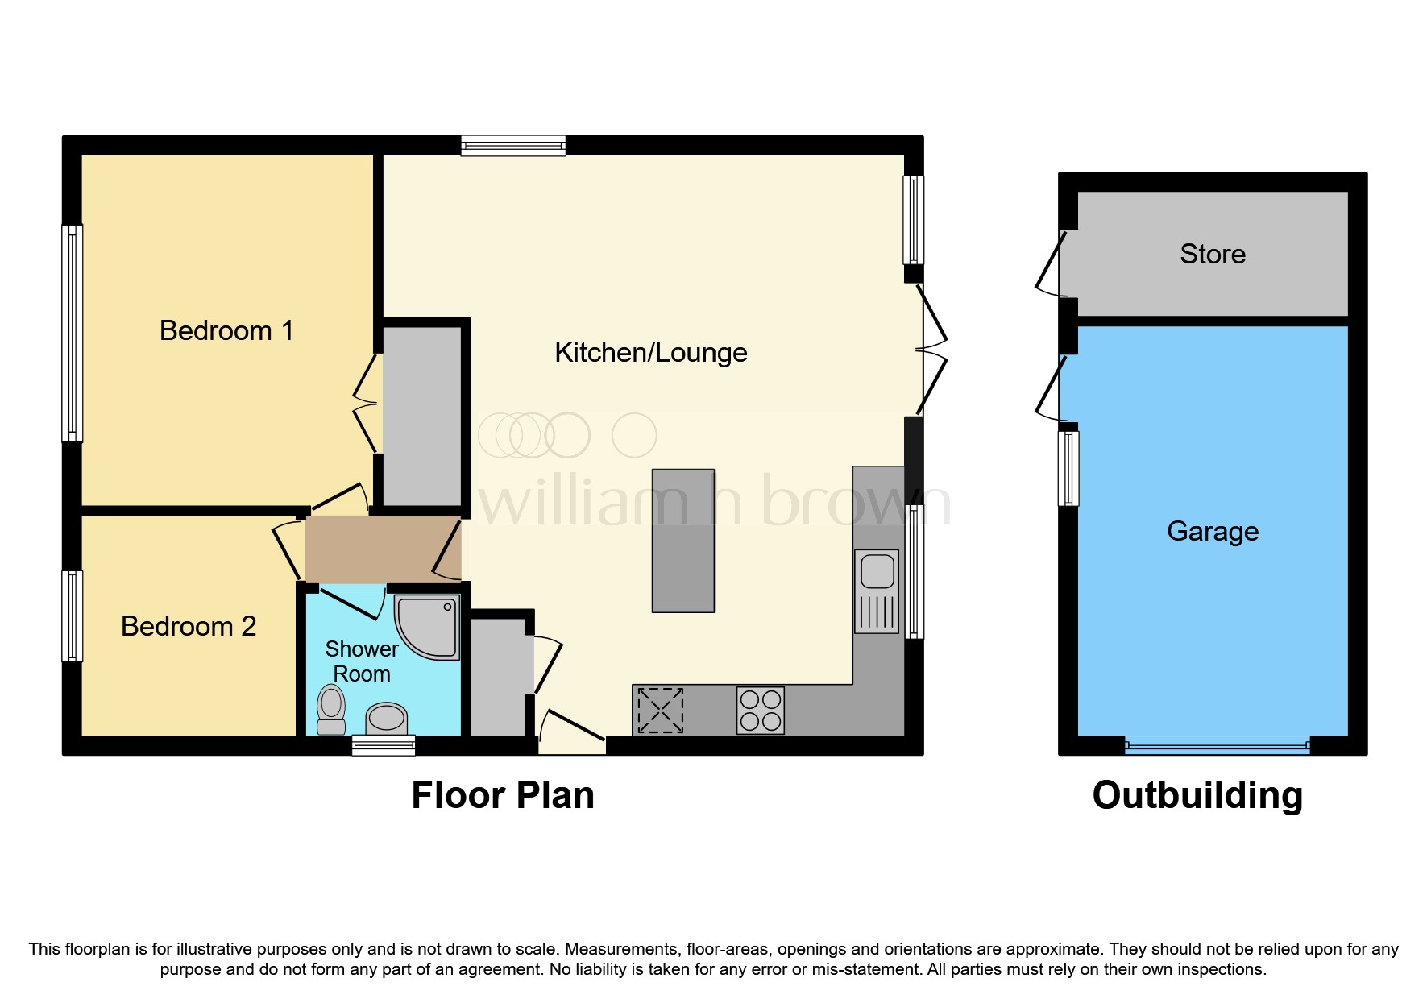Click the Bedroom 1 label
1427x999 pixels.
[x=226, y=330]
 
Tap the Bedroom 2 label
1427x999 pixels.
[x=189, y=626]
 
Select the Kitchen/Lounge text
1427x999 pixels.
[x=651, y=352]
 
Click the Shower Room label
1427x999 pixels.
[x=362, y=661]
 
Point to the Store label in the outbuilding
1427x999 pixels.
[x=1213, y=254]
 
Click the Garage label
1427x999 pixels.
[x=1213, y=531]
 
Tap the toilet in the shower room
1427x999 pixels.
[x=331, y=709]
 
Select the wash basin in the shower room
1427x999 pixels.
[x=387, y=716]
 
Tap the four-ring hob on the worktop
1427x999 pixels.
[x=760, y=710]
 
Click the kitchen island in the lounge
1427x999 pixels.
[x=683, y=541]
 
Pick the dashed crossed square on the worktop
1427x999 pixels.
[x=660, y=710]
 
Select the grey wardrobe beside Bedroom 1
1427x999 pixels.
[x=422, y=414]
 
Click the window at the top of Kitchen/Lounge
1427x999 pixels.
[x=513, y=146]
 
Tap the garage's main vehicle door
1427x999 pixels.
[x=1217, y=747]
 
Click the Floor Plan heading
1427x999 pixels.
[x=503, y=795]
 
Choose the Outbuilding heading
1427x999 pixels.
[x=1197, y=795]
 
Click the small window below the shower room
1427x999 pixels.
[x=384, y=745]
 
